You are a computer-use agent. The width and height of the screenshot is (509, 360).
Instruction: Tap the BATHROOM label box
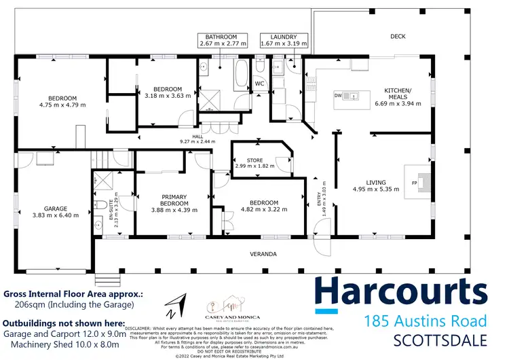[x=221, y=40]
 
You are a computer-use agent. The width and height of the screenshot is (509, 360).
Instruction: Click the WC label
[x=259, y=84]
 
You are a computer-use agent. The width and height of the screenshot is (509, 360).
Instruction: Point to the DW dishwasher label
[x=337, y=96]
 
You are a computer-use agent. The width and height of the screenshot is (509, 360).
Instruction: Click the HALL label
[x=197, y=137]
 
